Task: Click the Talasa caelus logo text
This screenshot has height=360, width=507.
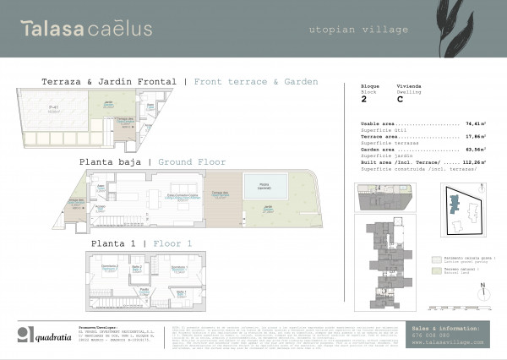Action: coord(87,29)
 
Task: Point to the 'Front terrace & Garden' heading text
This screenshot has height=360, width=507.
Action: coord(256,82)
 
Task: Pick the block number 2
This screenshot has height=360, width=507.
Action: coord(363,99)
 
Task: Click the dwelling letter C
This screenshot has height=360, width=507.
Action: coord(400,99)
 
